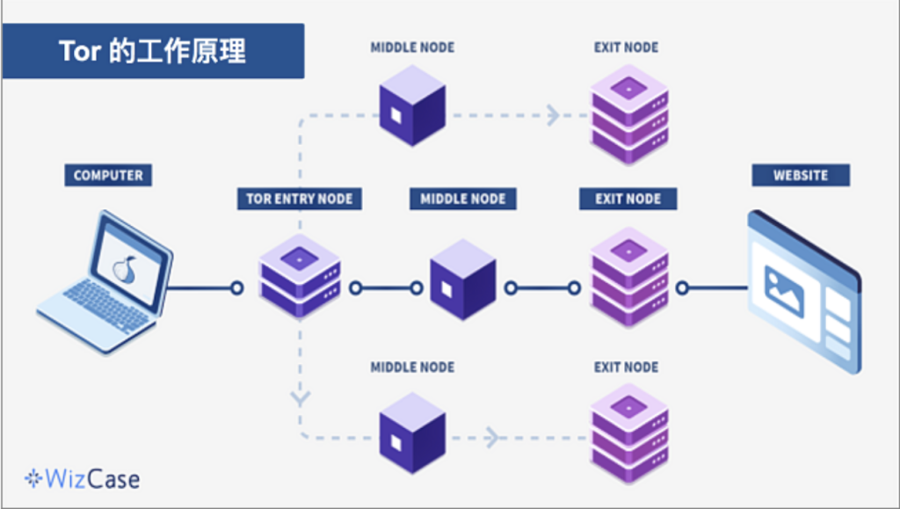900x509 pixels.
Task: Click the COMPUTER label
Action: (108, 175)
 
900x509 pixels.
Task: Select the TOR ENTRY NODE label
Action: (299, 199)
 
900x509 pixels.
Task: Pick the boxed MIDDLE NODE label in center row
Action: (462, 199)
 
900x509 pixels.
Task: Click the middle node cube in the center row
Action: (462, 280)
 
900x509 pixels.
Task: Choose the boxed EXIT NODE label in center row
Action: (628, 199)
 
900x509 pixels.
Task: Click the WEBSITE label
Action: (800, 175)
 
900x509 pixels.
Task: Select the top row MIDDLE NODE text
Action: (412, 47)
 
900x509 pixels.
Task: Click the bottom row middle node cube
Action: (412, 433)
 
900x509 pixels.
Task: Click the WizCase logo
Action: (82, 479)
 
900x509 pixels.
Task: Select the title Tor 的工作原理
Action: (153, 51)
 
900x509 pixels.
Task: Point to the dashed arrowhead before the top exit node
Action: (553, 115)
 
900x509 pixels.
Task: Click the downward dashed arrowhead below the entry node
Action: (301, 398)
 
